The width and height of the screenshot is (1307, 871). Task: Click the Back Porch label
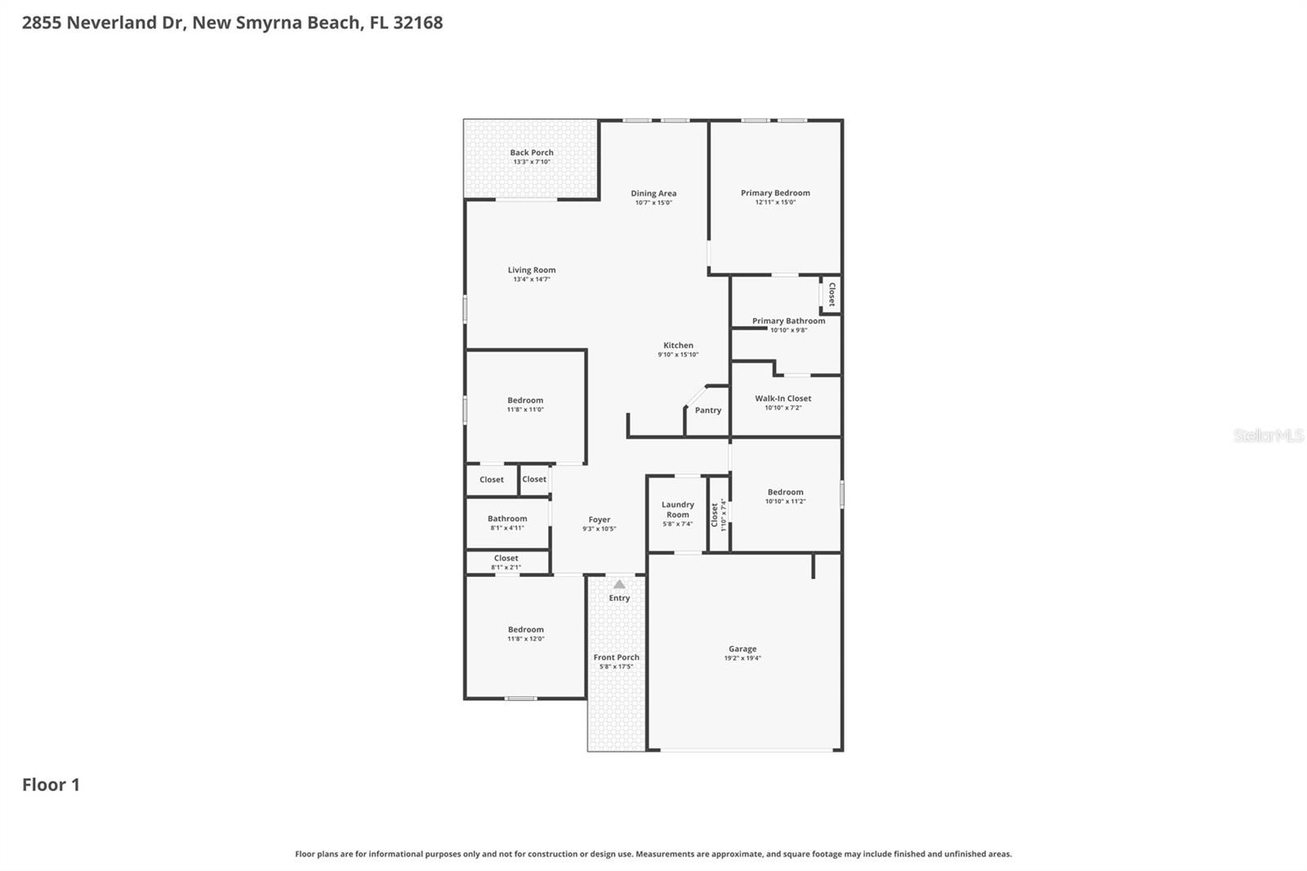532,153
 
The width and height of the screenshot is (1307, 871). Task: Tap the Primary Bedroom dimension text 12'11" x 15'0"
775,203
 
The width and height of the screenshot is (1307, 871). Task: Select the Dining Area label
653,194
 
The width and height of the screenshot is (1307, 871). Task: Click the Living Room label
532,270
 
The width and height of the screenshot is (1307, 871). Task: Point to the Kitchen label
678,346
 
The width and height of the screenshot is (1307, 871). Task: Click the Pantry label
708,410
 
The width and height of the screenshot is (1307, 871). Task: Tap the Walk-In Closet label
783,399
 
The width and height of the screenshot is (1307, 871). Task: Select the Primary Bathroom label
788,321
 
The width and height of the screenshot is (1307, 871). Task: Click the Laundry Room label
678,510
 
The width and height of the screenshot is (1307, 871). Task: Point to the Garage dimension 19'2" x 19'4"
743,659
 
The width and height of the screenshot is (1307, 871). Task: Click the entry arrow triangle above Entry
619,584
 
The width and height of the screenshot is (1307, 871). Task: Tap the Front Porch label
616,658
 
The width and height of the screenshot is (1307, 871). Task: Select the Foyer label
600,520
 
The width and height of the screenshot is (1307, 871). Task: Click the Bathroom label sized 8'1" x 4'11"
507,519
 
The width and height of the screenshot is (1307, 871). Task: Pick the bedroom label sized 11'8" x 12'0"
525,630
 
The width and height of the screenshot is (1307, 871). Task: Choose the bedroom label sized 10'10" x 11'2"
785,493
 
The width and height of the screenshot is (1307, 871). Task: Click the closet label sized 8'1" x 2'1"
506,558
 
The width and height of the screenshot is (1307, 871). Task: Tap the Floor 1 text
51,785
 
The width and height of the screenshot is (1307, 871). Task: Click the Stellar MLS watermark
1268,435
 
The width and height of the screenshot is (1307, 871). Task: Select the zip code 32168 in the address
417,23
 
